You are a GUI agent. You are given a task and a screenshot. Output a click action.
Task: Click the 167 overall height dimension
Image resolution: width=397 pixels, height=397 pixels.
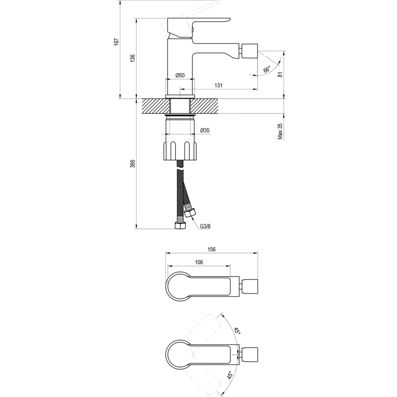click(x=117, y=41)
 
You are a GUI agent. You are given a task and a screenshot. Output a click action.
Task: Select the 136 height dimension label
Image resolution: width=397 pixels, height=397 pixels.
click(x=133, y=58)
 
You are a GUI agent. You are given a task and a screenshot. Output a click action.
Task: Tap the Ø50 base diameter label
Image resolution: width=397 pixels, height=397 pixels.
click(x=180, y=75)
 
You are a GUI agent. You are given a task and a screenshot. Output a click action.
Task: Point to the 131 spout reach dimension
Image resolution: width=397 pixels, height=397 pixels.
click(x=219, y=86)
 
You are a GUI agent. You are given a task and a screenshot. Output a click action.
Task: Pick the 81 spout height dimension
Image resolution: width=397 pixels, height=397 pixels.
click(x=280, y=72)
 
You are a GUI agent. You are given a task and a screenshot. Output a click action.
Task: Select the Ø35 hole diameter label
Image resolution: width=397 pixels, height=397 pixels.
click(x=205, y=131)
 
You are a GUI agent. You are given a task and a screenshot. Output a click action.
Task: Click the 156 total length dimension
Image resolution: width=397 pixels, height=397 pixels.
click(x=211, y=250)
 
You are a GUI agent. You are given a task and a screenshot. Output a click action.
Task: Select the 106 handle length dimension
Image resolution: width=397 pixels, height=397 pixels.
click(x=198, y=262)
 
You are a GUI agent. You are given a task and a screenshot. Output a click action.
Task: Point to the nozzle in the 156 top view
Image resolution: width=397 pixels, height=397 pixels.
click(x=249, y=287)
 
